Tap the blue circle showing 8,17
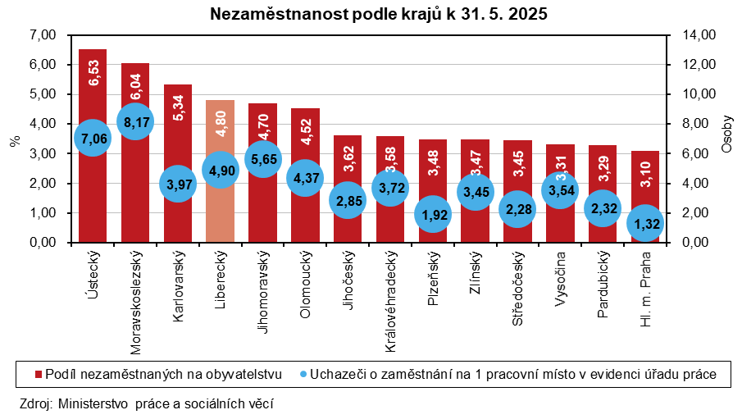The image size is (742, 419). tap(134, 122)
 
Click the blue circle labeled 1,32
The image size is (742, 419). tap(645, 223)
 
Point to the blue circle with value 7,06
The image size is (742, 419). tap(92, 139)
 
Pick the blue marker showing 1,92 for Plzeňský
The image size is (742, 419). tap(432, 215)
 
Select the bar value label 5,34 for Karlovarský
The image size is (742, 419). tap(178, 107)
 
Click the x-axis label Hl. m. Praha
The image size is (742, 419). tap(646, 288)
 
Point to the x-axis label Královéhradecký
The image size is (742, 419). tap(391, 302)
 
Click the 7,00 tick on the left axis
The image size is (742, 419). tap(41, 35)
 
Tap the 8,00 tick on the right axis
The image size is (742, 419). tap(688, 124)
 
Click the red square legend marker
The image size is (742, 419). tap(38, 375)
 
